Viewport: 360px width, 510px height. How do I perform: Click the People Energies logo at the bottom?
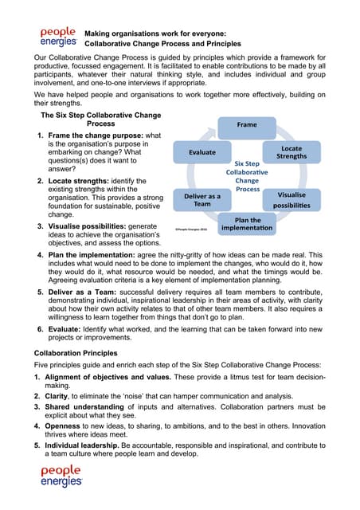point(61,476)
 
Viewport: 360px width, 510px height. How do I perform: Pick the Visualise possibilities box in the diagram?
point(295,199)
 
